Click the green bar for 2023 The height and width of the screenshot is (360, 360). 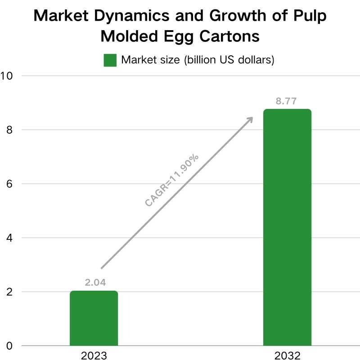(94, 318)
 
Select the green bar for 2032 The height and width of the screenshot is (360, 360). (287, 227)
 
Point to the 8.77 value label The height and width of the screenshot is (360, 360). (286, 101)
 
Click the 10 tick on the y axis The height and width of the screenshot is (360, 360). (6, 76)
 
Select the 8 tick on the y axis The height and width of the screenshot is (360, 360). (9, 130)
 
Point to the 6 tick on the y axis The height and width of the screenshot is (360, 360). (9, 184)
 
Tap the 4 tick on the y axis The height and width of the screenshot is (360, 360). (9, 238)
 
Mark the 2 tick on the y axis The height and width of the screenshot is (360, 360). (9, 292)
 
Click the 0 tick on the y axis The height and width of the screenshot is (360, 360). (9, 346)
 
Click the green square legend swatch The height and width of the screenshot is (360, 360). (110, 60)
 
